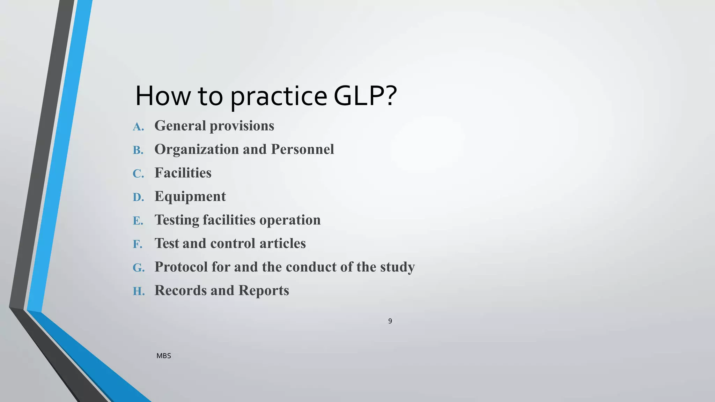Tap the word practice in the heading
(x=278, y=97)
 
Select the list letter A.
(x=138, y=127)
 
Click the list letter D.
(x=138, y=197)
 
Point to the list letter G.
(x=139, y=268)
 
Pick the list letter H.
(x=139, y=291)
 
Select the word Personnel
(x=302, y=149)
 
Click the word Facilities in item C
(x=183, y=173)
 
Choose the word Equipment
(x=190, y=197)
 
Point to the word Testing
(x=177, y=220)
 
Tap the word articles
(x=282, y=243)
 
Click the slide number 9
(x=390, y=321)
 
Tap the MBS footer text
(x=164, y=356)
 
